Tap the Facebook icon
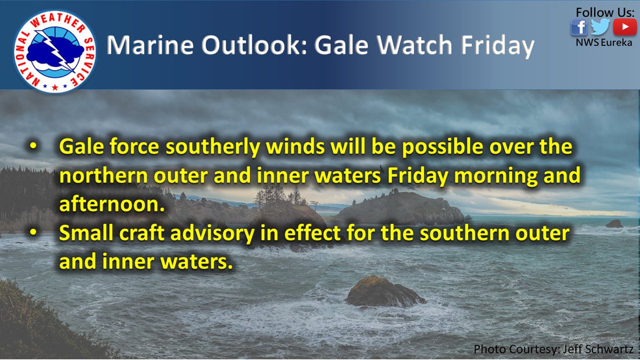579,27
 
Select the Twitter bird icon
600,27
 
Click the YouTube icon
624,27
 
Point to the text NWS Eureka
603,43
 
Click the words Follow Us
604,12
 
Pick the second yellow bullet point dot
33,234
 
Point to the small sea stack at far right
614,223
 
